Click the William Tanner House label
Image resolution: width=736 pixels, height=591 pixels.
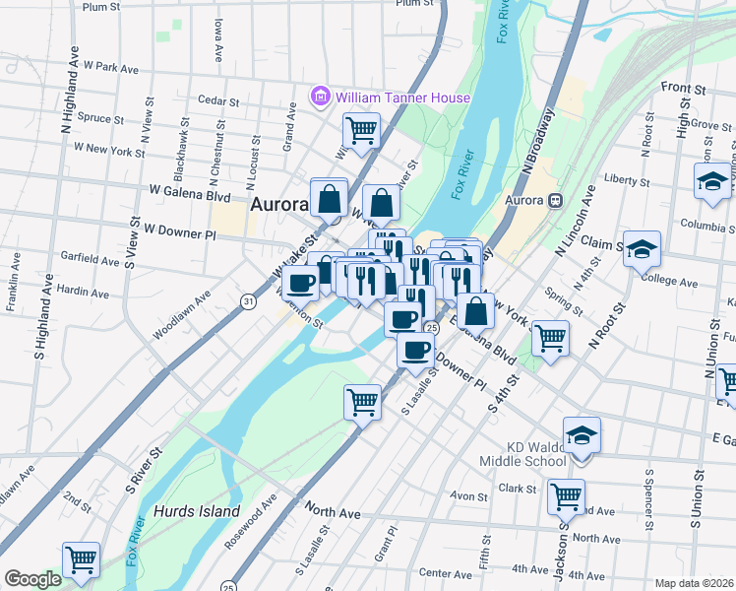402,98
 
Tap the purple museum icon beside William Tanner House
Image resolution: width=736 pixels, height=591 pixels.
319,97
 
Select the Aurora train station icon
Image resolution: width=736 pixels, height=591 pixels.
556,201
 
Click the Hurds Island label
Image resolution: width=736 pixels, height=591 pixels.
197,511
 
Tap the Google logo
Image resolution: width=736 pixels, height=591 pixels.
32,579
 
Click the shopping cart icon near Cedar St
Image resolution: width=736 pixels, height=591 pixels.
362,129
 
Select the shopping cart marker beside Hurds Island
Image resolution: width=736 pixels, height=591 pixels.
82,560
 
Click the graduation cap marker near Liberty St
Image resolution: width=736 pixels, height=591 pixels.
712,182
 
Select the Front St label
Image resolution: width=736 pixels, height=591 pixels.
684,88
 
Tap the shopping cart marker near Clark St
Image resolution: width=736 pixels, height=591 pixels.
566,497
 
